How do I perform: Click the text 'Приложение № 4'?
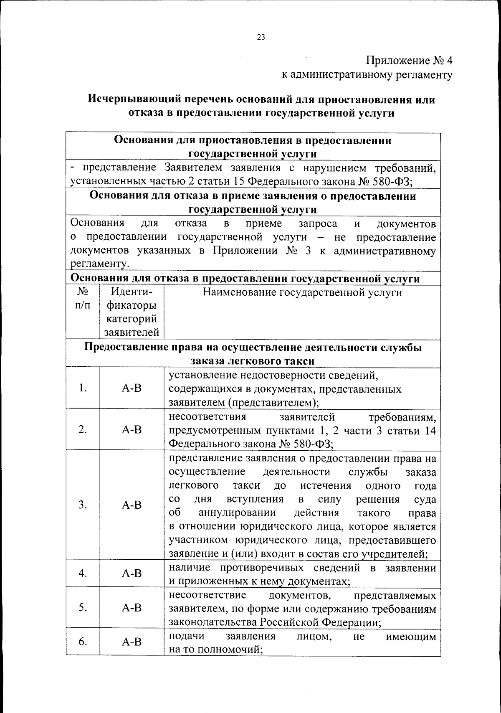tap(409, 61)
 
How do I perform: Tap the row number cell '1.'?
tap(83, 388)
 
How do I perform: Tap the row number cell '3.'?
tap(83, 505)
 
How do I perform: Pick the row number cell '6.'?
tap(83, 642)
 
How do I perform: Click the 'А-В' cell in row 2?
tap(132, 430)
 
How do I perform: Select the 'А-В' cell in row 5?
tap(132, 608)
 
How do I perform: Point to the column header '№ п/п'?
tap(83, 299)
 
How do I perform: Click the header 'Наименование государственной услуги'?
tap(302, 292)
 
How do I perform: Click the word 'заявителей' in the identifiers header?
tap(132, 333)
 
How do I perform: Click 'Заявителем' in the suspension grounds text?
tap(195, 168)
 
